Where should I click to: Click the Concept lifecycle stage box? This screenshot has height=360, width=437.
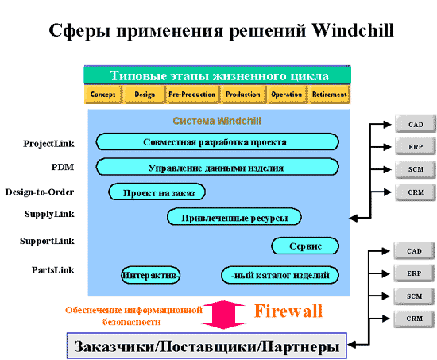coord(103,95)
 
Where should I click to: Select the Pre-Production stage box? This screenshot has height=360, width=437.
coord(192,95)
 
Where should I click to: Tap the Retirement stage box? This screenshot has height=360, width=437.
coord(330,95)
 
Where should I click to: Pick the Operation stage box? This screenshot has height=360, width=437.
coord(287,95)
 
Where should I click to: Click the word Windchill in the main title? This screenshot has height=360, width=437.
coord(353,30)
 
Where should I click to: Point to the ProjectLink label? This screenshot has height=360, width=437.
coord(48,144)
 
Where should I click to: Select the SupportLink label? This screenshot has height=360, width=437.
coord(47,241)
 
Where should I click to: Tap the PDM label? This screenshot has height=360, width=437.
coord(63,167)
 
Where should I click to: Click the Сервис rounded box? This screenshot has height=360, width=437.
coord(305,246)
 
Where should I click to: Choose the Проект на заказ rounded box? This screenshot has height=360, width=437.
coord(157,192)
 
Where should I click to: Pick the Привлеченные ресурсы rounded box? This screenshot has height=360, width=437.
coord(234,216)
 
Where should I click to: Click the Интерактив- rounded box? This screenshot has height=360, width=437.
coord(150,275)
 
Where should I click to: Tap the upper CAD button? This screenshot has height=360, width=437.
coord(416,124)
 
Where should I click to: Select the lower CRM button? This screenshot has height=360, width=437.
coord(414,319)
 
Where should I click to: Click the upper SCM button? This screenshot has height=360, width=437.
coord(416,169)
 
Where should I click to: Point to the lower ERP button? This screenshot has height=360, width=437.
coord(414,273)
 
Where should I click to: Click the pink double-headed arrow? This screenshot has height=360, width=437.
coord(223,315)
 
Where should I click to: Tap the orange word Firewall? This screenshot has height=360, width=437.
coord(288,311)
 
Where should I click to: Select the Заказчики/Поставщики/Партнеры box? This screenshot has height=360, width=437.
coord(207,346)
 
